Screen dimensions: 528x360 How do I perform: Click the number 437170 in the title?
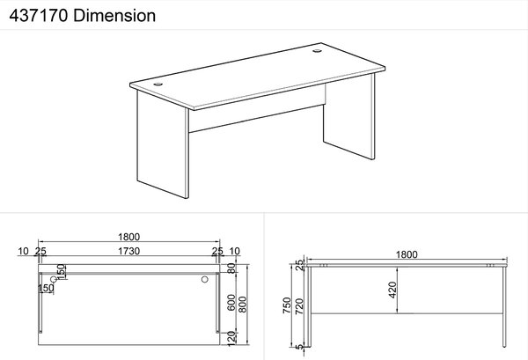[39, 16]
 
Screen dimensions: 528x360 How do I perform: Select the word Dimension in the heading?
[114, 16]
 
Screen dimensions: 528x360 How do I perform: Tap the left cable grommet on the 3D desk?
[158, 84]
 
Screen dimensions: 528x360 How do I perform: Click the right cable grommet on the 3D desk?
[317, 51]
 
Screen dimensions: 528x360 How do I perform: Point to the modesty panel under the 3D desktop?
[257, 108]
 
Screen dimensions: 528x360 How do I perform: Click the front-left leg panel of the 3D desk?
[162, 145]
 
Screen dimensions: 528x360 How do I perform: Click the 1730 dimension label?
[129, 251]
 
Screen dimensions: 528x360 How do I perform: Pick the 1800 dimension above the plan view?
[129, 237]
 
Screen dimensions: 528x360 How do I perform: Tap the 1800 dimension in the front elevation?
[407, 254]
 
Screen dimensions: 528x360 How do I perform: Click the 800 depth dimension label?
[243, 305]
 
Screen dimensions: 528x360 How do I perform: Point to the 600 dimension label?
[231, 303]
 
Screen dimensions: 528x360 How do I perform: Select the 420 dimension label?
[392, 290]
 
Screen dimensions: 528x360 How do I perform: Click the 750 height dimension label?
[287, 305]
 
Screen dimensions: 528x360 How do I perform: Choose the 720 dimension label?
[299, 306]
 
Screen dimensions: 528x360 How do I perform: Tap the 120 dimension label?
[231, 339]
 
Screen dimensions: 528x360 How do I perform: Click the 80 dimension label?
[231, 268]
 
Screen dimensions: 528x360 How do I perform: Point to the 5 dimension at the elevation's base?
[299, 347]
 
